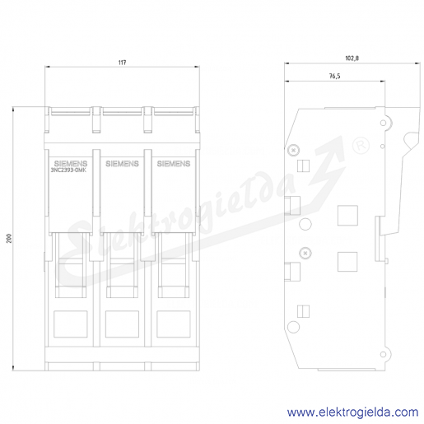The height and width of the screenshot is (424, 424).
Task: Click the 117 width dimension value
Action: (x=122, y=63)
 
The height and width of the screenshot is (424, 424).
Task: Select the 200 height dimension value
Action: (x=9, y=238)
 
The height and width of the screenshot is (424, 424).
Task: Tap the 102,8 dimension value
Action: (x=352, y=58)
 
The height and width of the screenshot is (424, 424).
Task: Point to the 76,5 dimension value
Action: (x=335, y=76)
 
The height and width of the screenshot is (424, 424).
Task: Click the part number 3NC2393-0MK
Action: (x=68, y=170)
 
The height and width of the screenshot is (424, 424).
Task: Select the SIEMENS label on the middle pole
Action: (x=122, y=164)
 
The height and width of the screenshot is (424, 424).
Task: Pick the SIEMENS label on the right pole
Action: (x=174, y=164)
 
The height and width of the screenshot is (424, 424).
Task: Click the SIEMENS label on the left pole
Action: (x=71, y=164)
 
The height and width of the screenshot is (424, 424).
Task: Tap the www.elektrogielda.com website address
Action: (x=352, y=412)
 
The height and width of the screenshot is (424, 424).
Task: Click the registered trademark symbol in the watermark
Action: (x=361, y=146)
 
